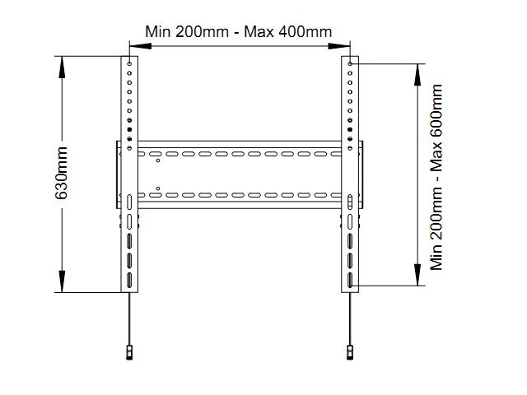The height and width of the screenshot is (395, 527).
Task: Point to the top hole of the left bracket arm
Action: coord(130,63)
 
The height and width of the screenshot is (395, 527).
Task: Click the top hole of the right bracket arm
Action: coord(351,63)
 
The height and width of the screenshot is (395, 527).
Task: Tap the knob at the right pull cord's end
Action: coord(351,352)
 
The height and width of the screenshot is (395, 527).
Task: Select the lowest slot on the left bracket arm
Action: coord(130,279)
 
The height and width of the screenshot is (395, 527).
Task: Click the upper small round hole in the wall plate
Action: coord(159,161)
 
